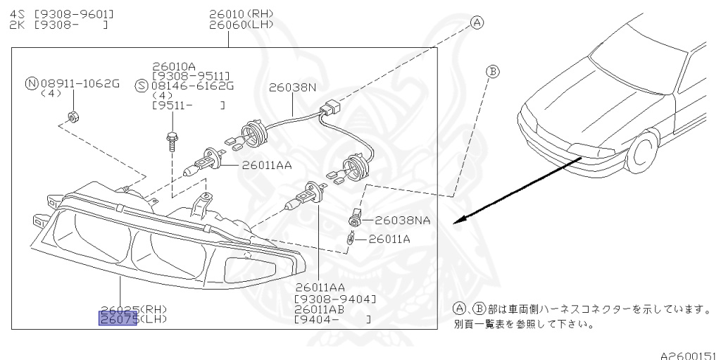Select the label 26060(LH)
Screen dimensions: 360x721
tap(241, 25)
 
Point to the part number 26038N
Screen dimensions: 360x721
tap(293, 88)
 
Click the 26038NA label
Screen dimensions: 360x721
tap(402, 220)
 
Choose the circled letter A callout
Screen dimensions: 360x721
tap(477, 23)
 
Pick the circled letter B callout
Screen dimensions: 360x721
tap(493, 71)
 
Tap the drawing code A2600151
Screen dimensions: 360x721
tap(688, 354)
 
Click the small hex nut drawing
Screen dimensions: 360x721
tap(71, 116)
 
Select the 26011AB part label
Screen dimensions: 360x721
tap(320, 309)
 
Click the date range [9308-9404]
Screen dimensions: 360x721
tap(335, 299)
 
